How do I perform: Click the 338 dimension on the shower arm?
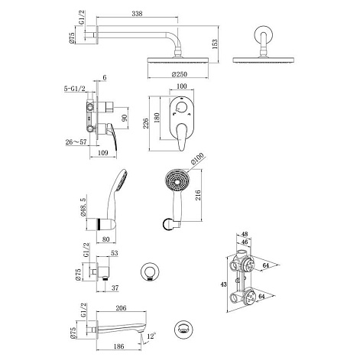137,14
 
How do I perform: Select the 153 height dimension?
215,44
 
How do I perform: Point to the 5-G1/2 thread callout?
74,89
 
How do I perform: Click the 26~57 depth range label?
76,141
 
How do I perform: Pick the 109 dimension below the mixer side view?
103,153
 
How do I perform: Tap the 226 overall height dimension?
145,123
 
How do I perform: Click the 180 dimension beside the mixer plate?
157,118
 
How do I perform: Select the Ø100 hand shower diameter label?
197,158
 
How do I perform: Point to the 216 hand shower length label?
198,195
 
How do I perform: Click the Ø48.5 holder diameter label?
83,207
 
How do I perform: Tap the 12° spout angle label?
151,336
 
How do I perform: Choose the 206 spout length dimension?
121,308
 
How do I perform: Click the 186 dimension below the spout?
118,346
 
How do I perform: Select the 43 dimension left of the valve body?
223,284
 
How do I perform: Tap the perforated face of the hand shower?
177,182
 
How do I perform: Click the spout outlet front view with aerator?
183,329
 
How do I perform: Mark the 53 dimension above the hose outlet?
115,253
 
